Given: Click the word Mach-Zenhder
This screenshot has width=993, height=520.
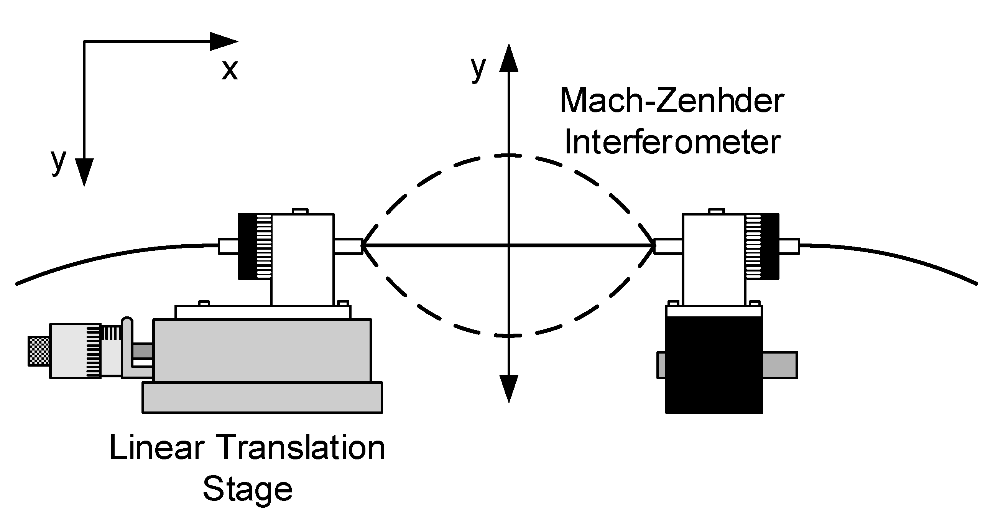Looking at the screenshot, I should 671,101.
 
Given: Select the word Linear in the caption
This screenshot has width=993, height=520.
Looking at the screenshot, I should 156,448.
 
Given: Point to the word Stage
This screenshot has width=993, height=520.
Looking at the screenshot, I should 247,490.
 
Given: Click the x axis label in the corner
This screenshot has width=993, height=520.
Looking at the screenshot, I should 230,70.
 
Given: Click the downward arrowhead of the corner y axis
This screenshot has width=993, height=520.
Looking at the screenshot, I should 84,172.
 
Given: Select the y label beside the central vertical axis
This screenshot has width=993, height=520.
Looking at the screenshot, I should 478,68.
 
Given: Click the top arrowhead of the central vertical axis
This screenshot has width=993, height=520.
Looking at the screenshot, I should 509,59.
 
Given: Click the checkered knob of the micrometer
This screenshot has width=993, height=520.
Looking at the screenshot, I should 39,351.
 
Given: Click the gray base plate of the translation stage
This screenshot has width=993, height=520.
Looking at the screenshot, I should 262,397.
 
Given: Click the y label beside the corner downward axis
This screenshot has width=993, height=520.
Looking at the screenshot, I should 59,161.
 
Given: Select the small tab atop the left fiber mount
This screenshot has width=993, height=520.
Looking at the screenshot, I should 300,211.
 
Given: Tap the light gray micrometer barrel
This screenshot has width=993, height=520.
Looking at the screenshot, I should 69,351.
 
